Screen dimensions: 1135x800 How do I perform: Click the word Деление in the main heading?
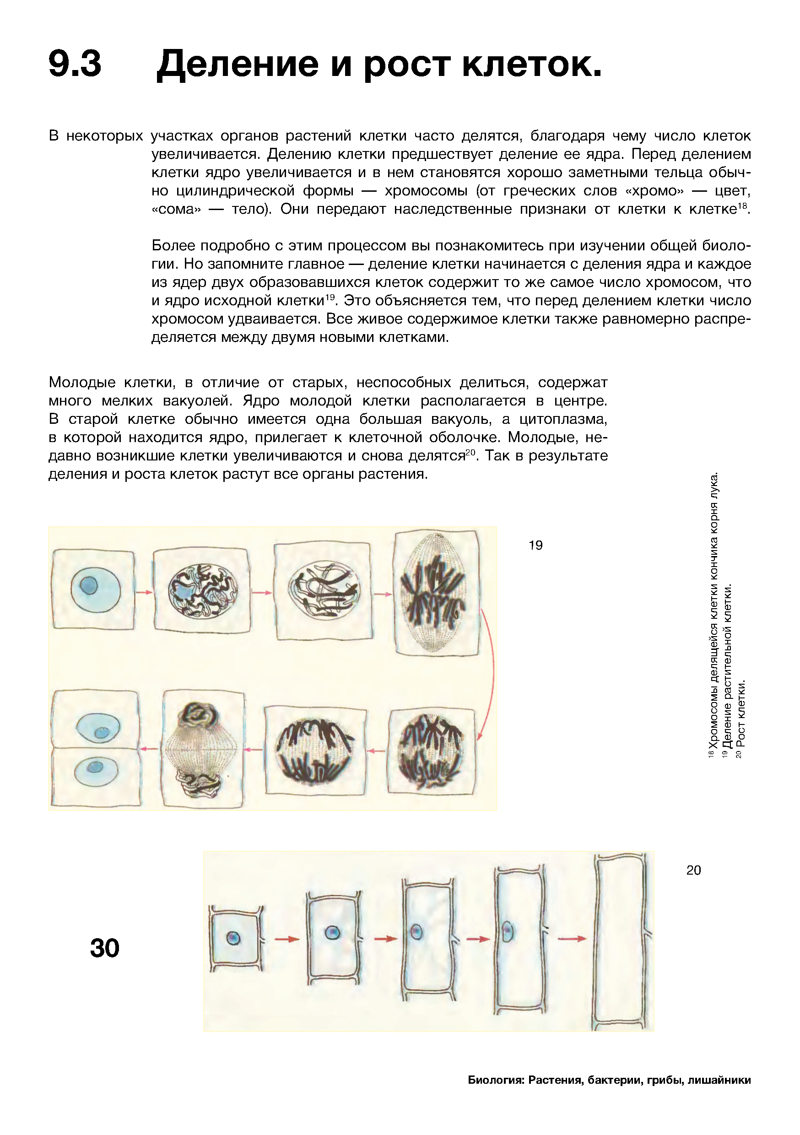pyautogui.click(x=238, y=64)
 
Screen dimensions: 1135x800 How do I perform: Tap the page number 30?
pyautogui.click(x=105, y=948)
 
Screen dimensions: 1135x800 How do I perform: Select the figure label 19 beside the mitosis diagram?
pyautogui.click(x=535, y=545)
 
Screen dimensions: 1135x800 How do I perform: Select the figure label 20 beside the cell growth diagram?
pyautogui.click(x=693, y=870)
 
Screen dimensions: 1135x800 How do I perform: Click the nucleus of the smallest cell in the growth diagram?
pyautogui.click(x=233, y=938)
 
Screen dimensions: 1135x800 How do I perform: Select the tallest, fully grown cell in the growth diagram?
pyautogui.click(x=621, y=942)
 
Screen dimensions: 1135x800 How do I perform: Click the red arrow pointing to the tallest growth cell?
pyautogui.click(x=572, y=938)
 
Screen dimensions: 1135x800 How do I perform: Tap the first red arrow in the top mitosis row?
pyautogui.click(x=143, y=592)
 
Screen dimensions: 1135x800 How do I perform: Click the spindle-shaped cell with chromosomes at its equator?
pyautogui.click(x=436, y=593)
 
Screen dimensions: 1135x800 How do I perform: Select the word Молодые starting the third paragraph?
pyautogui.click(x=82, y=382)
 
